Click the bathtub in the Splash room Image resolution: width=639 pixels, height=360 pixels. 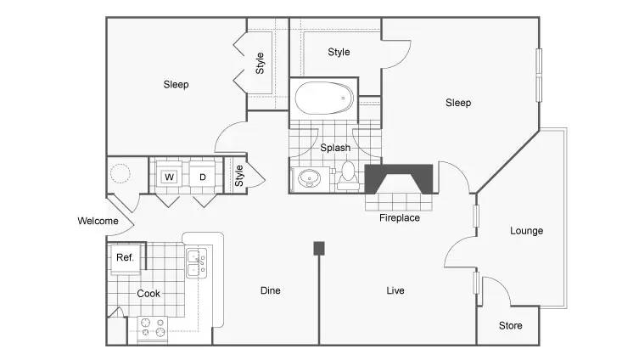[324, 98]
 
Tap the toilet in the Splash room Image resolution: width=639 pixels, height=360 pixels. [348, 176]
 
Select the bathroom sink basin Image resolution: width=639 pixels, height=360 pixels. [310, 178]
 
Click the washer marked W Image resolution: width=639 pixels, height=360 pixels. [169, 177]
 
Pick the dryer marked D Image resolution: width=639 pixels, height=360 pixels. [202, 177]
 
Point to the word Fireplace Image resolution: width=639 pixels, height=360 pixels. [400, 217]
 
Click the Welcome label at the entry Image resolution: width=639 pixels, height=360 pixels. [98, 221]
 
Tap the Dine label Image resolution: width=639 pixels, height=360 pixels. [270, 290]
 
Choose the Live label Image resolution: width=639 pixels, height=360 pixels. [395, 290]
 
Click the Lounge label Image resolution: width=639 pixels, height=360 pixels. [526, 231]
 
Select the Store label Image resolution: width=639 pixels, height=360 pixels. [510, 325]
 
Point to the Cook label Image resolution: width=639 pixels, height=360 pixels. [149, 294]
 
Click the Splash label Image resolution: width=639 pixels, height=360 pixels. [335, 148]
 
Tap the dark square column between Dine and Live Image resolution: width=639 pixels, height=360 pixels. [319, 248]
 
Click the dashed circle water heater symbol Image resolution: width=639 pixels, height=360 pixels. [120, 173]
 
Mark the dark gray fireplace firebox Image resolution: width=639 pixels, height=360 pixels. [399, 178]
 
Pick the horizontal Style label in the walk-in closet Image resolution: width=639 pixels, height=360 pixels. [339, 52]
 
